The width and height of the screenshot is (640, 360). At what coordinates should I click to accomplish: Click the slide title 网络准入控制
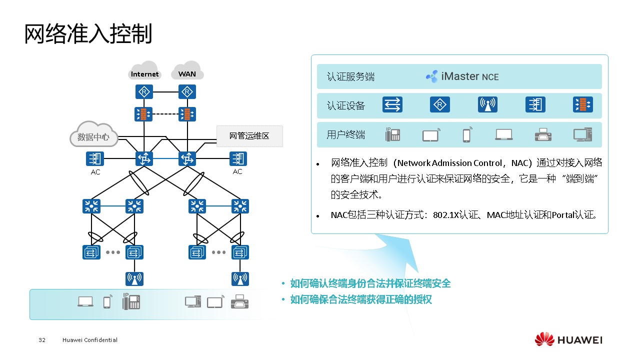pos(88,33)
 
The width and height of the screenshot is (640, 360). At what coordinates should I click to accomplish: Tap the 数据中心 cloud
pos(93,135)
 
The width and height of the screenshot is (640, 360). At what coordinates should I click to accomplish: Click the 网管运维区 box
pos(249,136)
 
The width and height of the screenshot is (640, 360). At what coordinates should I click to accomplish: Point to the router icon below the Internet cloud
pos(144,92)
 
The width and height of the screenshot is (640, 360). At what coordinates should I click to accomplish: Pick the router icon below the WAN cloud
pos(187,92)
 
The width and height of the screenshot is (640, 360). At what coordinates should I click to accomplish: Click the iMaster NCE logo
pos(462,76)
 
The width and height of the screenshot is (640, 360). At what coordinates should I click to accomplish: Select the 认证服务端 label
pos(350,77)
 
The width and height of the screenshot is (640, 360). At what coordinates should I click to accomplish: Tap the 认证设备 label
pos(346,106)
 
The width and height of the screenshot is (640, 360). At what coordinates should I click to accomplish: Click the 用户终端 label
pos(346,135)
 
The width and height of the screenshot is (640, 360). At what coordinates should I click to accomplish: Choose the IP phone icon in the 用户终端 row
pos(392,134)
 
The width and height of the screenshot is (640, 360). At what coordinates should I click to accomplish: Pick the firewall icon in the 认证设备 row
pos(582,105)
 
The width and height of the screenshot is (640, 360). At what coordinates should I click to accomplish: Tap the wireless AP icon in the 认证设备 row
pos(487,105)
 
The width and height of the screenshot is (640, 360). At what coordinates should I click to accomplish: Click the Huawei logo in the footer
pos(568,339)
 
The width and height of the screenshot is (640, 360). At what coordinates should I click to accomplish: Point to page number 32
pos(42,340)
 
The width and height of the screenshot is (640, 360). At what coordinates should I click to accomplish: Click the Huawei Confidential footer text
pos(90,340)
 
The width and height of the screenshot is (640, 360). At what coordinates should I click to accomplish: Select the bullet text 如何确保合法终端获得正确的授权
pos(360,300)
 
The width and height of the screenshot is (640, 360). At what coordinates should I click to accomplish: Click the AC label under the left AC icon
pos(95,172)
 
